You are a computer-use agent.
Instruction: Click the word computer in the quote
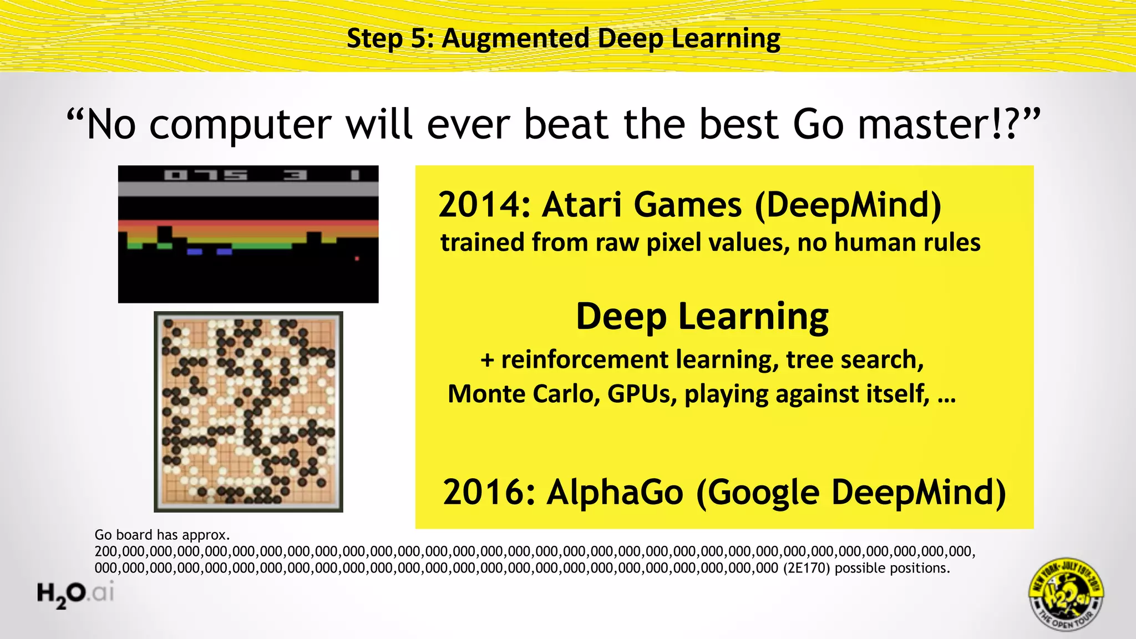(x=240, y=125)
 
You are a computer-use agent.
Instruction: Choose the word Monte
(x=486, y=394)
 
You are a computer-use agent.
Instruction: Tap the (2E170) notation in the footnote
(x=807, y=568)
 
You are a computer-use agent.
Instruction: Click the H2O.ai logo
(x=75, y=594)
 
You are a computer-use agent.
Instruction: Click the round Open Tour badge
(x=1066, y=594)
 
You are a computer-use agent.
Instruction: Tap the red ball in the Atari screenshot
(x=357, y=258)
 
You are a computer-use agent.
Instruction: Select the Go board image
(x=248, y=412)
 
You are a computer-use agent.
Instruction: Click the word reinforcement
(x=585, y=359)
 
